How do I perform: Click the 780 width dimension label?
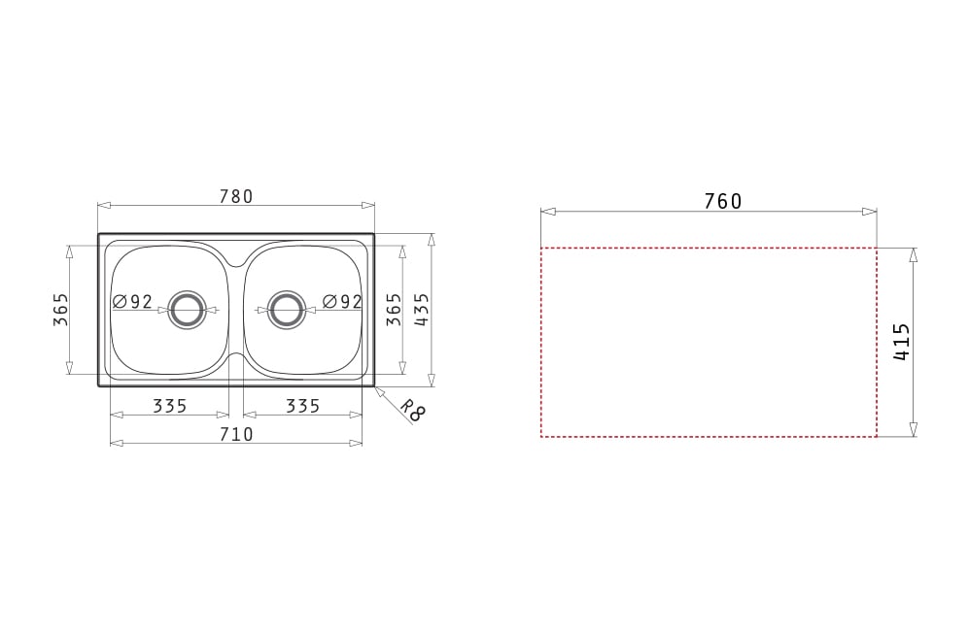point(236,196)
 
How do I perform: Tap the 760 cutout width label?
point(722,201)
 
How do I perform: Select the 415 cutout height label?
point(902,342)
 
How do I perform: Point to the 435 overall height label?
point(421,310)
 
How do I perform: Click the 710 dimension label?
point(236,435)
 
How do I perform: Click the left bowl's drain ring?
point(186,310)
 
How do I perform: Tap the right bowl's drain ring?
point(286,310)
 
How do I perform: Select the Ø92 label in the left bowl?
point(133,302)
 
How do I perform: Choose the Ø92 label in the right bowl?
point(342,301)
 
